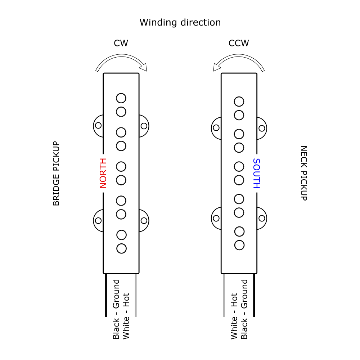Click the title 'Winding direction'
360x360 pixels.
click(x=180, y=22)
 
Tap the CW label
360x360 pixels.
click(x=121, y=44)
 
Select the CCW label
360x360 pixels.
click(x=239, y=44)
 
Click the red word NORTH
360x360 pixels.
click(x=103, y=173)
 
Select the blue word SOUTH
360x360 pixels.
click(x=256, y=174)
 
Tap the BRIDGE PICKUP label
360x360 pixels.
click(x=56, y=174)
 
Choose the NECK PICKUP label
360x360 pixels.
click(x=303, y=173)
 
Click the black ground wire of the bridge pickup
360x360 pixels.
click(x=106, y=295)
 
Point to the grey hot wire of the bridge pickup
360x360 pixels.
click(x=136, y=295)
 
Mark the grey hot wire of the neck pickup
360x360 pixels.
click(x=224, y=295)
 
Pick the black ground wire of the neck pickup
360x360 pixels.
click(x=254, y=295)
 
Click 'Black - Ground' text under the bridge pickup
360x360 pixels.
click(x=116, y=309)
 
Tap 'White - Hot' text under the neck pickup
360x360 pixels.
click(x=234, y=316)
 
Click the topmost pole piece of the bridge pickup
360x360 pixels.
click(x=121, y=98)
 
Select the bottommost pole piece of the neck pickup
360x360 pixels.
click(x=239, y=245)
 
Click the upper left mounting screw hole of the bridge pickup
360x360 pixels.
click(x=98, y=126)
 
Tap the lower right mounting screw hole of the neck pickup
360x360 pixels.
click(x=262, y=218)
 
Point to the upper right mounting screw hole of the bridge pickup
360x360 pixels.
click(x=144, y=126)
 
